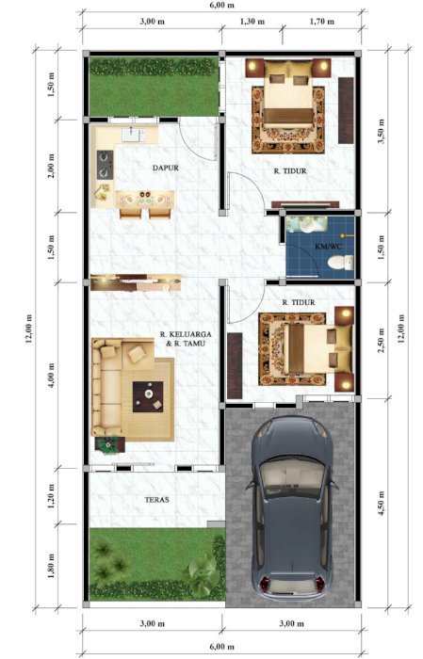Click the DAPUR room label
coord(165,169)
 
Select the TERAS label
coord(156,500)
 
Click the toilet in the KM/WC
coord(345,258)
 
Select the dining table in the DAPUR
coord(145,199)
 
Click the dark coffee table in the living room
coord(147,394)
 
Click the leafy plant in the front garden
coord(202,571)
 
